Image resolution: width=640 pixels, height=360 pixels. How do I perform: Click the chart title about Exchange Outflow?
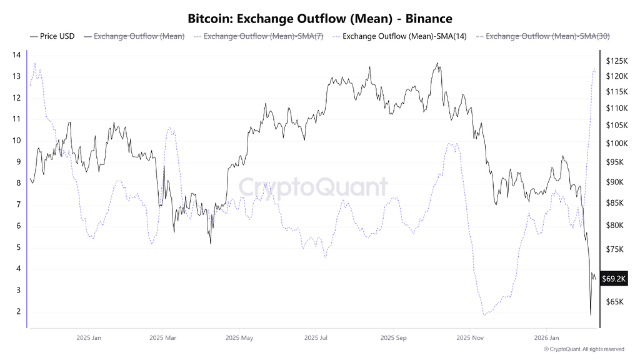point(319,19)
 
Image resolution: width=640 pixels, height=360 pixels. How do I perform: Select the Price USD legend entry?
point(57,36)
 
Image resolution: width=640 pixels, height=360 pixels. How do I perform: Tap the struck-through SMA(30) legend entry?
point(547,36)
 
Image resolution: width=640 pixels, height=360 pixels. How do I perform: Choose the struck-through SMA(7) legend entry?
point(262,36)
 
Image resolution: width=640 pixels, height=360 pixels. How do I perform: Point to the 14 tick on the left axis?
point(17,55)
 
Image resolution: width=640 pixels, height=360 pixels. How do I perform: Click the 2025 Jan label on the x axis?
point(88,338)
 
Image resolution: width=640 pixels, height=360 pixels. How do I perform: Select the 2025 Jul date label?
point(316,338)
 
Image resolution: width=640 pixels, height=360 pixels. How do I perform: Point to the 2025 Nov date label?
point(469,338)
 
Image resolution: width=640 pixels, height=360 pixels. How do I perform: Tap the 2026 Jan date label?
point(546,338)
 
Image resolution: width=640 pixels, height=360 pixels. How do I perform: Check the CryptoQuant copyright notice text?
point(584,349)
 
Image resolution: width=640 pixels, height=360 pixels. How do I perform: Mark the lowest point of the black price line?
point(591,314)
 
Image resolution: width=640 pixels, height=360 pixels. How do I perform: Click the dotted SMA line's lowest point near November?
point(484,314)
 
